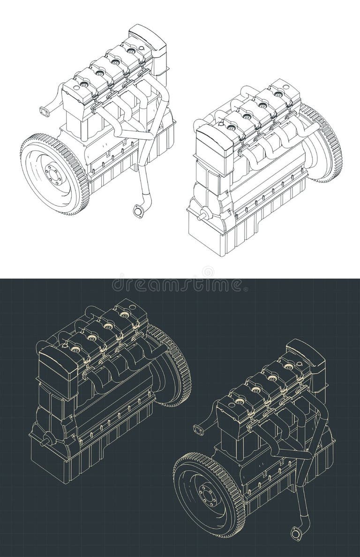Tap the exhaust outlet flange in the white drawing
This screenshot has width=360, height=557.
138,211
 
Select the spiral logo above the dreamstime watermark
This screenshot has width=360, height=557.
208,271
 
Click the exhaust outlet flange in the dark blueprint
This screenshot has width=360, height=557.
296,534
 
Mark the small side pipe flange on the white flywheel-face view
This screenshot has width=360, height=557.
45,112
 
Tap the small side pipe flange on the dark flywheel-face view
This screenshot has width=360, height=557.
199,429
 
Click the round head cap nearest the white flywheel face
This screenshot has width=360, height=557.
84,84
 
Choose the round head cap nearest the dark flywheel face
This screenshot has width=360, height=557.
240,401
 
